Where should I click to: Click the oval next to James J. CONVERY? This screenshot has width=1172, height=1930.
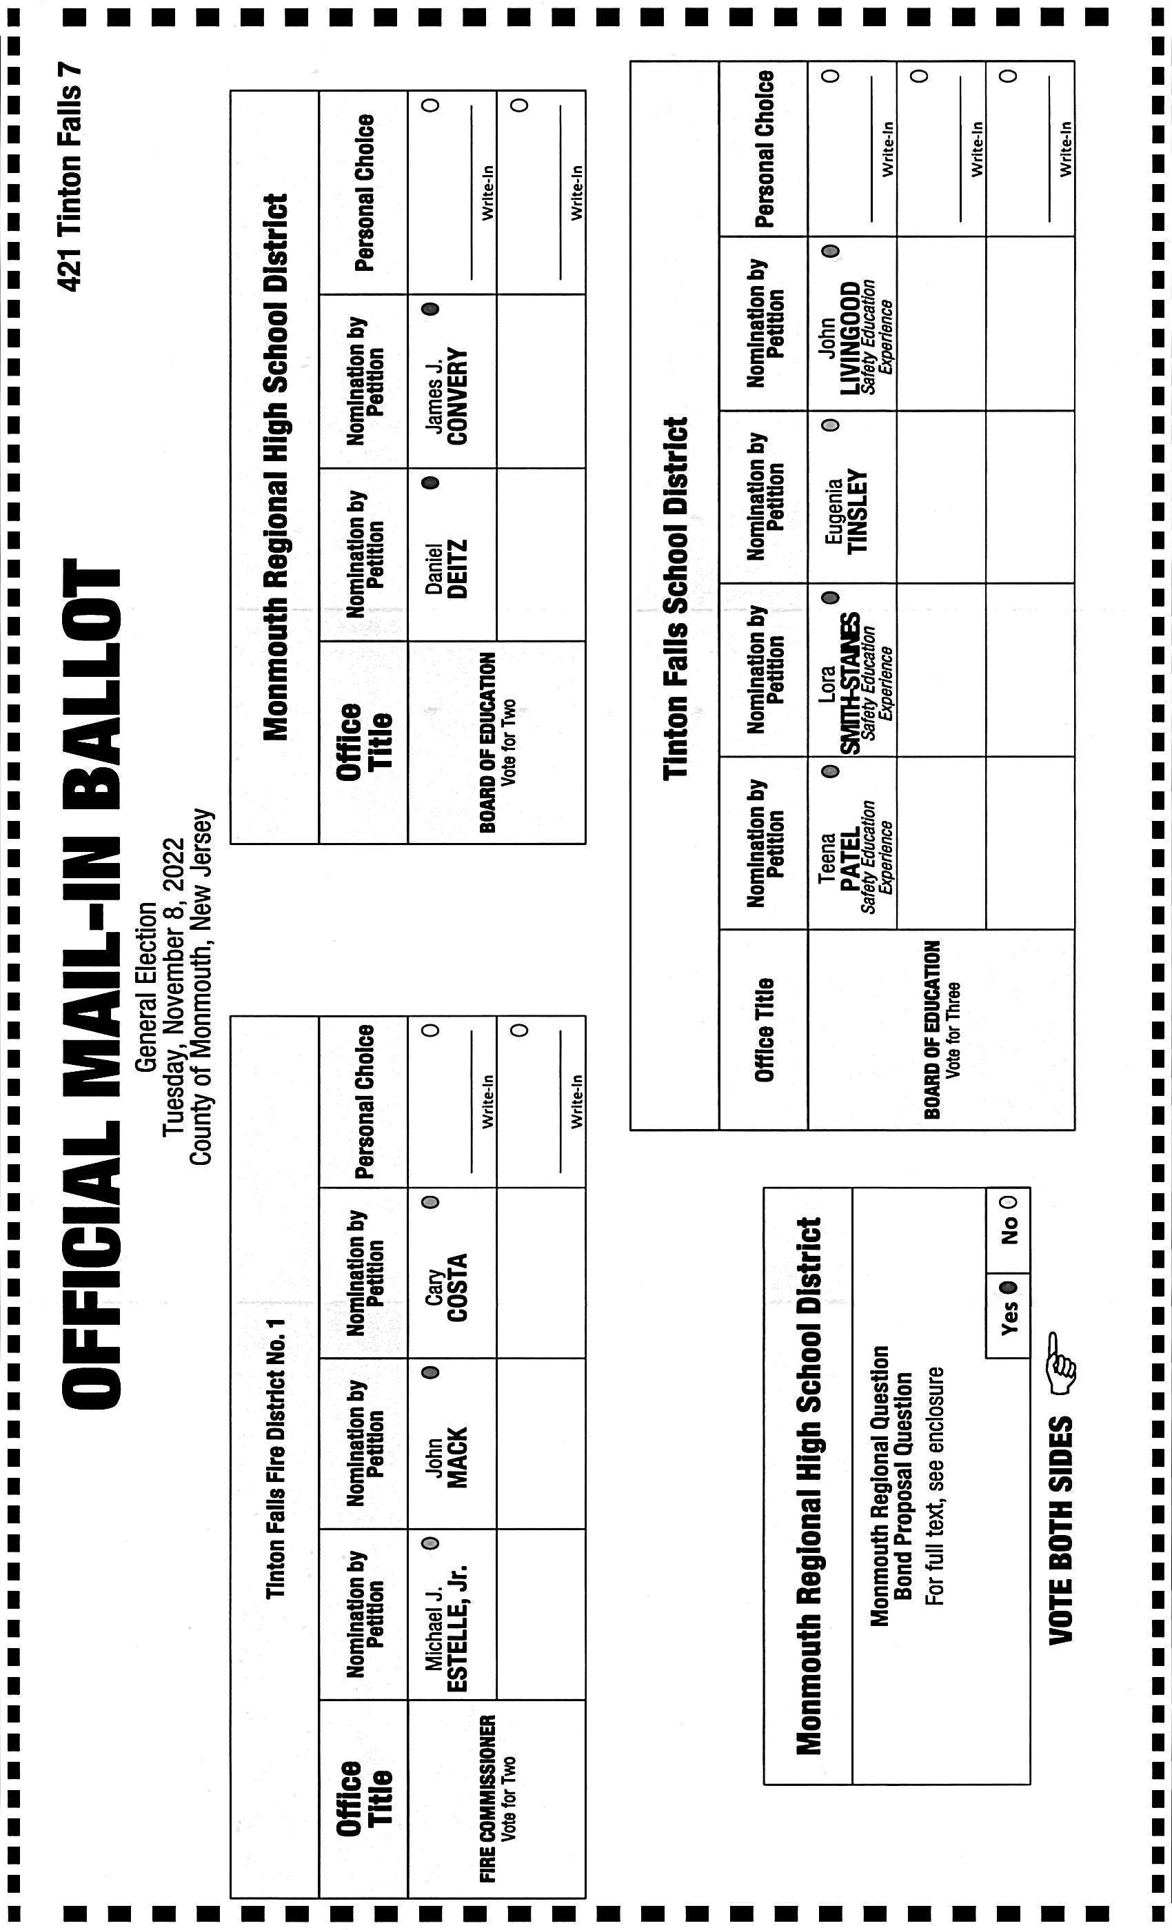430,309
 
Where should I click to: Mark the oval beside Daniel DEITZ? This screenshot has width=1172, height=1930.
430,482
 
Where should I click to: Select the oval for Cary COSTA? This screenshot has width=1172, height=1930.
430,1202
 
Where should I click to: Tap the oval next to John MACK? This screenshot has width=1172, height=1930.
430,1372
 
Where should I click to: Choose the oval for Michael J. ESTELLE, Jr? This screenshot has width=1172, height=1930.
430,1543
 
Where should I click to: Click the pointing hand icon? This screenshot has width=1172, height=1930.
1061,1363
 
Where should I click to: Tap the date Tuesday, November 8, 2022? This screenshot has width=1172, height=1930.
173,987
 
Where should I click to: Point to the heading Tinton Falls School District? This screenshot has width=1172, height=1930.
676,598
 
